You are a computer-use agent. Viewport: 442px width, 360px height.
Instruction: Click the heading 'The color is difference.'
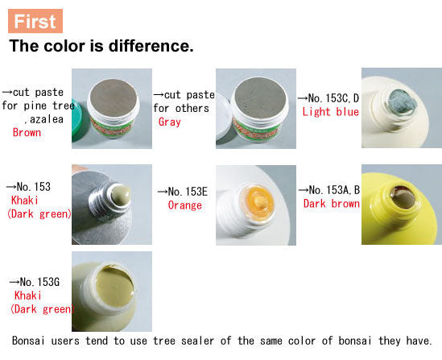101,46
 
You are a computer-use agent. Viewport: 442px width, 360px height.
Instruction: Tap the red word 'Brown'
27,133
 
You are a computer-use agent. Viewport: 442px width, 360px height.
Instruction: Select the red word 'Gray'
170,122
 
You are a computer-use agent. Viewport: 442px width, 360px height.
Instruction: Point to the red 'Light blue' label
330,112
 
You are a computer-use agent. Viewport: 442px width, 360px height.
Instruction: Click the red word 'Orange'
184,205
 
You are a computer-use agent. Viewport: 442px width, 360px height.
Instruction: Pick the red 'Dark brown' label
331,204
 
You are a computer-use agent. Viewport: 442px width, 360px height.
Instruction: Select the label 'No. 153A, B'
334,190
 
